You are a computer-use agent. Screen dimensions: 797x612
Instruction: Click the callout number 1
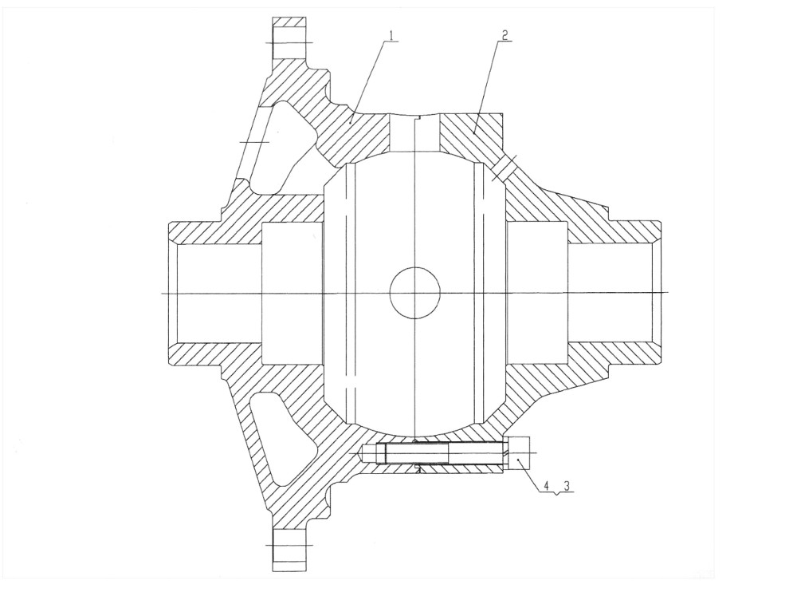[x=391, y=35]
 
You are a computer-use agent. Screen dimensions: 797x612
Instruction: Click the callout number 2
[x=505, y=35]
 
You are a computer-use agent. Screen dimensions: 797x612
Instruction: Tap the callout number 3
[x=567, y=486]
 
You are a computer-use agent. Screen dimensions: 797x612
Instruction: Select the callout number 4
[x=547, y=486]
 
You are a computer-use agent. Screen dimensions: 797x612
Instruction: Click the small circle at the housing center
[x=414, y=293]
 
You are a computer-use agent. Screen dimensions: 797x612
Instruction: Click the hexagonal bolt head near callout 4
[x=518, y=453]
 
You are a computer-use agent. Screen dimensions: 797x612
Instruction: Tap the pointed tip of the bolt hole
[x=361, y=452]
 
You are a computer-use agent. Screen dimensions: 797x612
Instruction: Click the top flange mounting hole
[x=290, y=44]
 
